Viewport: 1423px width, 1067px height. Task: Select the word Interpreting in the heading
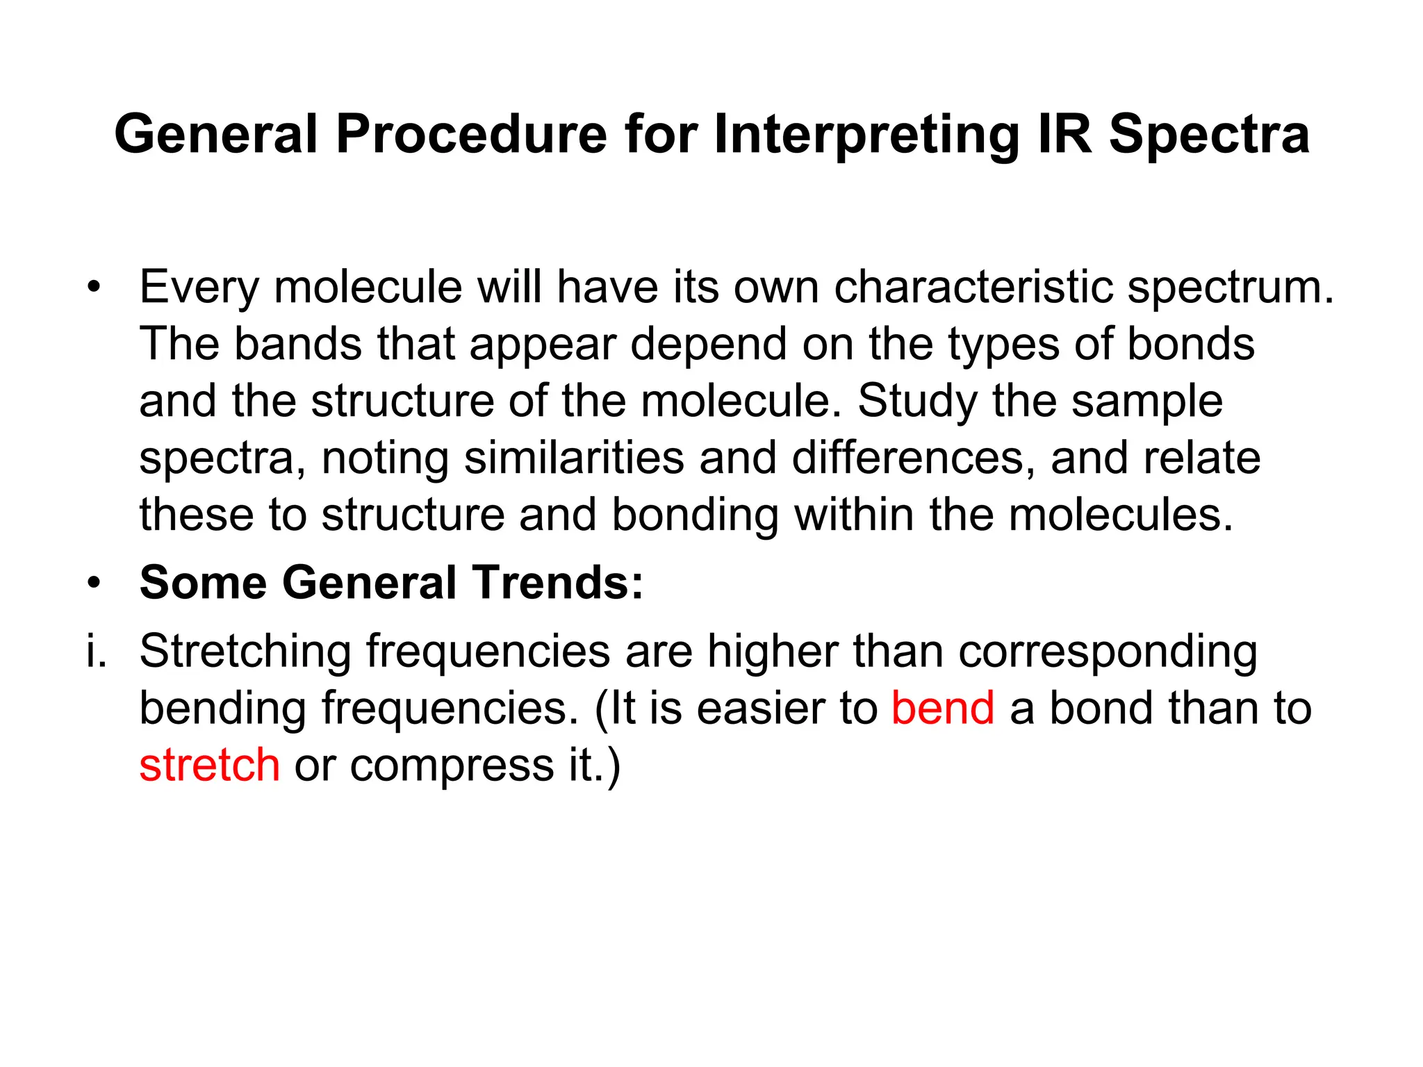tap(866, 135)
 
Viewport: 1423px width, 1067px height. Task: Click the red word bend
tap(943, 708)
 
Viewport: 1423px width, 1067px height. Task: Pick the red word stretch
tap(210, 765)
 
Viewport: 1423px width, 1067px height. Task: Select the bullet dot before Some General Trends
tap(94, 582)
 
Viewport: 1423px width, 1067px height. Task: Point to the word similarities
tap(574, 458)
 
